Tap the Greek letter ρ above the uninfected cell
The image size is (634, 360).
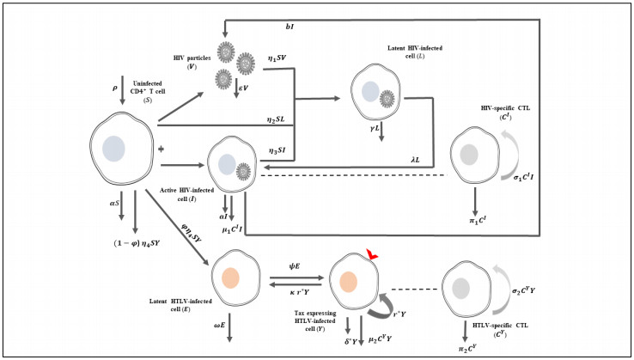[114, 86]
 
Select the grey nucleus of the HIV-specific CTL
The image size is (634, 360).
[468, 155]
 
